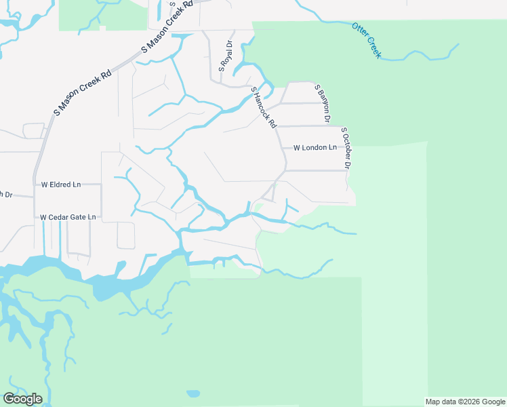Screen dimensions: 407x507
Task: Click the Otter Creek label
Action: tap(367, 40)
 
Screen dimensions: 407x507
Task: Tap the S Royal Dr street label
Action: tap(226, 56)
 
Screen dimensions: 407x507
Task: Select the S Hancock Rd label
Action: tap(264, 107)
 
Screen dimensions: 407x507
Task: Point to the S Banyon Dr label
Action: tap(322, 103)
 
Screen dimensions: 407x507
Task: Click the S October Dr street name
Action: tap(346, 147)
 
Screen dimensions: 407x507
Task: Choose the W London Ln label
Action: tap(315, 147)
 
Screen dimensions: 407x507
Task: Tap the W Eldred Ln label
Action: tap(61, 184)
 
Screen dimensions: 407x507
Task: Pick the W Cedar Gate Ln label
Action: tap(68, 217)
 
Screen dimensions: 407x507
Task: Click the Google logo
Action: tap(22, 399)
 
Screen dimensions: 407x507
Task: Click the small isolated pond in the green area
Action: tap(194, 393)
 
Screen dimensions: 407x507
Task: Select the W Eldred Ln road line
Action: tap(92, 184)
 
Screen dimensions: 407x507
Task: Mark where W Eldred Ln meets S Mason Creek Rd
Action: tap(34, 184)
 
